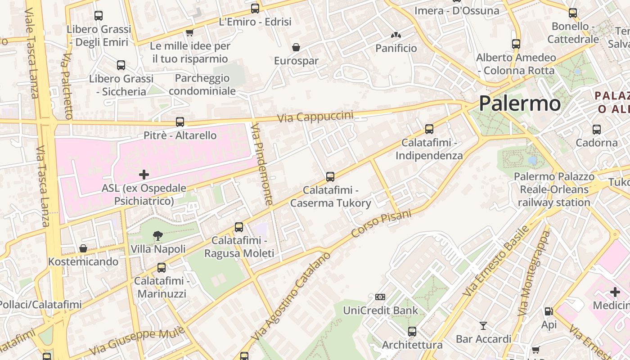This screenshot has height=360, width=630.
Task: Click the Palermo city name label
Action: tap(519, 103)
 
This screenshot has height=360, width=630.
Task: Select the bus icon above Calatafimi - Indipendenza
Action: tap(429, 129)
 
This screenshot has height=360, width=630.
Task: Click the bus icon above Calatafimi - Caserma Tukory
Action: tap(330, 176)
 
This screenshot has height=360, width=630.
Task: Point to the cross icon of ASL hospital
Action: tap(144, 174)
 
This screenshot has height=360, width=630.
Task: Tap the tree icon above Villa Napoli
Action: tap(158, 235)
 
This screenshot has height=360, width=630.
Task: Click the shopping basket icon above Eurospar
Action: tap(296, 47)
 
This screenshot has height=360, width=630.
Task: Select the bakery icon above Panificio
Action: tap(396, 35)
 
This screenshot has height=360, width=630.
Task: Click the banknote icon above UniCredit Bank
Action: tap(380, 297)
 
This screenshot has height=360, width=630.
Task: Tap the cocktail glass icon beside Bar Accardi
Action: tap(483, 325)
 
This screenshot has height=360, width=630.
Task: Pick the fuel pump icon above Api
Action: tap(549, 311)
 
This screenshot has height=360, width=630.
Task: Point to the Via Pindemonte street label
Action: tap(262, 164)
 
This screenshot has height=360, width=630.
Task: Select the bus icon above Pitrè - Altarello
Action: tap(180, 121)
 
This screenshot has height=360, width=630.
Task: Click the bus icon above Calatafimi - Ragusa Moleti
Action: tap(239, 227)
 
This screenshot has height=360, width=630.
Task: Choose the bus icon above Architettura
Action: tap(412, 332)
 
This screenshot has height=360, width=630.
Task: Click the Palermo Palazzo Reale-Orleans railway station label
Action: tap(553, 189)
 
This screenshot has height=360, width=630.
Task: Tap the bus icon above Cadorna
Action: tap(597, 130)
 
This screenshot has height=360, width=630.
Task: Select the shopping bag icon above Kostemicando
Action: tap(83, 248)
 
